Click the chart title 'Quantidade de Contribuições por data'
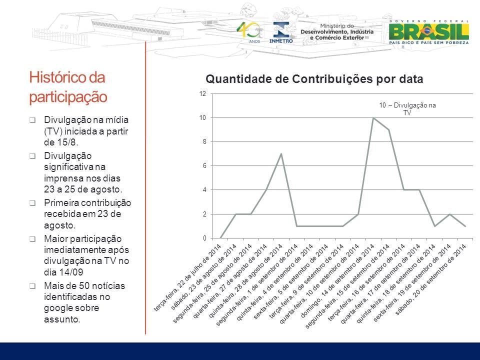point(314,79)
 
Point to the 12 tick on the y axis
point(202,93)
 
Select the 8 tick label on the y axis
point(204,141)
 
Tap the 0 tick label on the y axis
point(204,238)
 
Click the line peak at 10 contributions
point(373,118)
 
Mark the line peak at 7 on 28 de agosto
point(281,153)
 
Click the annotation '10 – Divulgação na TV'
point(407,108)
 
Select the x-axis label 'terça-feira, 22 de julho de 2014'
point(187,277)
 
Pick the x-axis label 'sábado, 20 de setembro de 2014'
point(430,279)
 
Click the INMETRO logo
point(281,32)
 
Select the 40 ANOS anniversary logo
point(249,32)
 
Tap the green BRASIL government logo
point(428,32)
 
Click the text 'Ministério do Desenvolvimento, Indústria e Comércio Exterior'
point(336,32)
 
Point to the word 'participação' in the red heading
point(68,97)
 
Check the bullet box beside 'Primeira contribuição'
point(32,203)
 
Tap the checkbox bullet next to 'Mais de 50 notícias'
point(32,286)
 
